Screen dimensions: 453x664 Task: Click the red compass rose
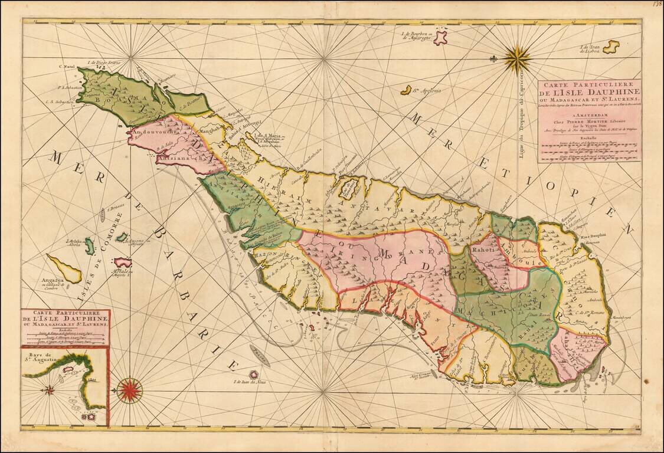click(x=129, y=390)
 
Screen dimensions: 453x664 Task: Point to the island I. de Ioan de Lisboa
click(x=610, y=46)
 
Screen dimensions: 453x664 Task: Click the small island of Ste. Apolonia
click(x=405, y=90)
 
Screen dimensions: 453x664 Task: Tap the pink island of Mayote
click(x=123, y=261)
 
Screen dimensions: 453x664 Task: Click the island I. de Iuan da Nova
click(x=254, y=374)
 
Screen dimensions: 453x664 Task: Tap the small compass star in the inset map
click(x=50, y=389)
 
